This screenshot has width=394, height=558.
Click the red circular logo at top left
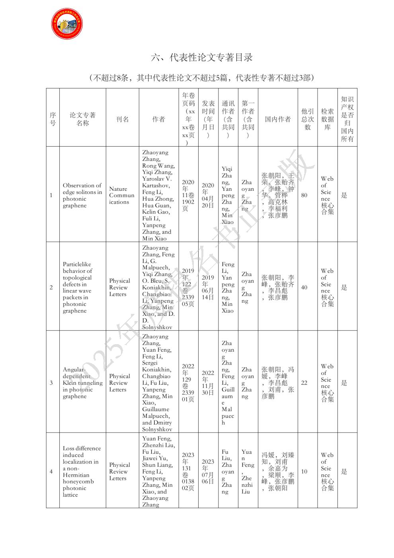coord(67,23)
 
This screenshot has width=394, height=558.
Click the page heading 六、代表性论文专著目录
coord(202,57)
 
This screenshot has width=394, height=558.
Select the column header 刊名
coord(122,119)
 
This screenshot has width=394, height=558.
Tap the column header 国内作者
coord(278,119)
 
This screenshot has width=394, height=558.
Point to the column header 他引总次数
coord(307,119)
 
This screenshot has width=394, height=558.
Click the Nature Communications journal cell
coord(122,195)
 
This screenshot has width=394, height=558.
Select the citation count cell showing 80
coord(304,195)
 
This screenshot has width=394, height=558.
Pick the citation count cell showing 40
coord(304,287)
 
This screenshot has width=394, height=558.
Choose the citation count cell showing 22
coord(304,382)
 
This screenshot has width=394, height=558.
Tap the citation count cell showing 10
coord(304,471)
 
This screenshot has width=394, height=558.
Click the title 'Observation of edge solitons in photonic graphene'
coord(82,195)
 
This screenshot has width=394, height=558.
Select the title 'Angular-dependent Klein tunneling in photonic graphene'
coord(82,383)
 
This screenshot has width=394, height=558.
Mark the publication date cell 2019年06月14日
coord(208,287)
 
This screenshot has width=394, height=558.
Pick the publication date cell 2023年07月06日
coord(208,471)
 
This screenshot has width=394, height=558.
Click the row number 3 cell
coord(51,383)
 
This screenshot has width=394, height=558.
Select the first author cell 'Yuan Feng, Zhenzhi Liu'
coord(247,471)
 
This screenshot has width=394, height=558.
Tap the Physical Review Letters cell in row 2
coord(119,287)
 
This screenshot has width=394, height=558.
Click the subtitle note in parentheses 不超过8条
coord(202,78)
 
